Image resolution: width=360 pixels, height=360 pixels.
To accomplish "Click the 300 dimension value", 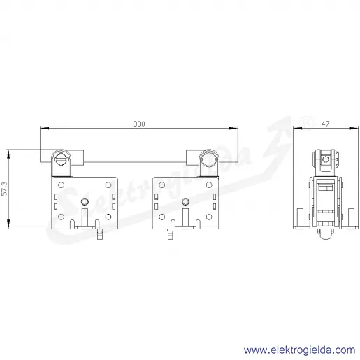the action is click(x=139, y=124).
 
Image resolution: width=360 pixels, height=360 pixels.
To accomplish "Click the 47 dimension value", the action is click(x=325, y=124).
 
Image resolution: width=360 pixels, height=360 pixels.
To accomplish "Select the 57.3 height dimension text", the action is click(x=5, y=189).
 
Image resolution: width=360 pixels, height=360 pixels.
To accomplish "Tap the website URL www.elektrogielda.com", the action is click(x=299, y=350).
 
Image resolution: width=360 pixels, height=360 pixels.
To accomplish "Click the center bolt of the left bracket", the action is click(x=85, y=201).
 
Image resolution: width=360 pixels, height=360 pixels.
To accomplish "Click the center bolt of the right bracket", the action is click(x=185, y=201).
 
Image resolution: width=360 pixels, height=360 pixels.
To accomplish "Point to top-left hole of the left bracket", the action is click(x=61, y=185).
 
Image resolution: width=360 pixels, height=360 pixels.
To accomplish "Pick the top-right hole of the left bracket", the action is click(x=108, y=185).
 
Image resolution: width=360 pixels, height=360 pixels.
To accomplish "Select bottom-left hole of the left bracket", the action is click(x=61, y=217).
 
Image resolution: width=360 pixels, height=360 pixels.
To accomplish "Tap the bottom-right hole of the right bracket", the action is click(x=209, y=217).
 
